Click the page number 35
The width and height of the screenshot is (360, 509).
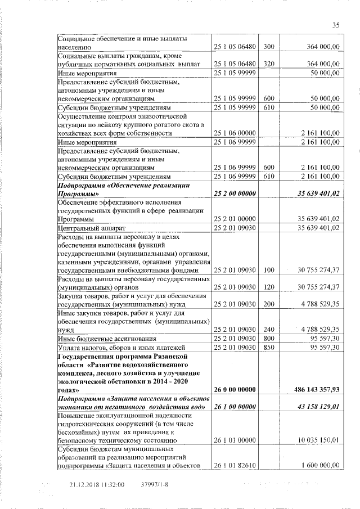pos(336,25)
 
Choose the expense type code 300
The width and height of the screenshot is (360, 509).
pos(268,47)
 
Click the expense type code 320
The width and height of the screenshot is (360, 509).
pos(268,64)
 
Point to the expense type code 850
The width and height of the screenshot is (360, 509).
pos(268,348)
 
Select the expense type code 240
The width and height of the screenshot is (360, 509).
pos(268,329)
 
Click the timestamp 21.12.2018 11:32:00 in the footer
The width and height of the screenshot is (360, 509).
pos(96,485)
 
